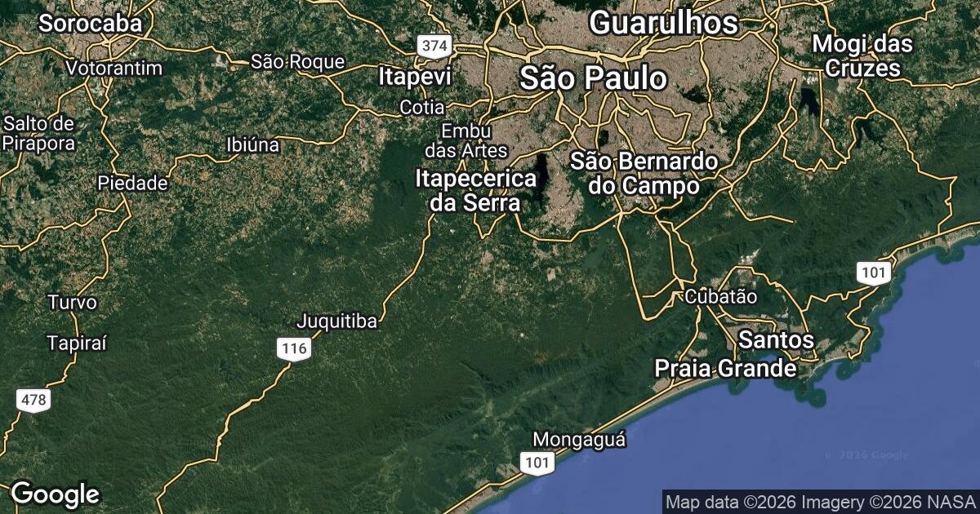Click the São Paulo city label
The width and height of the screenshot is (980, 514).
tap(594, 79)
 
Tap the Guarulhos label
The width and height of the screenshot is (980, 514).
tap(663, 23)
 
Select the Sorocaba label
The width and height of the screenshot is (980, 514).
tap(90, 24)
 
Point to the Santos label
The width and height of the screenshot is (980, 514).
tap(776, 339)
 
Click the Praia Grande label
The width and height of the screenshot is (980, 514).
tap(725, 369)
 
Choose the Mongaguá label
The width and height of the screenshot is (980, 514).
tap(579, 440)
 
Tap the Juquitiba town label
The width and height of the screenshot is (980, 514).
tap(338, 321)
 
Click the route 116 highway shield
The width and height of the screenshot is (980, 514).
tap(293, 349)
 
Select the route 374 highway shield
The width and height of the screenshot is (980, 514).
tap(433, 47)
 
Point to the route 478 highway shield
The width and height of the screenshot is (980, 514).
tap(33, 401)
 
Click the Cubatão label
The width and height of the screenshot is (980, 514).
tap(721, 296)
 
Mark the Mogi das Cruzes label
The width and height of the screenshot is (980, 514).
tap(862, 56)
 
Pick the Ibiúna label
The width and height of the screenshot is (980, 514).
tap(252, 146)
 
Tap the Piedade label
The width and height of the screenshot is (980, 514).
tap(133, 183)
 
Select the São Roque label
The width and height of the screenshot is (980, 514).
tap(297, 61)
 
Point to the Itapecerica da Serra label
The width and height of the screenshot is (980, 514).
tap(476, 190)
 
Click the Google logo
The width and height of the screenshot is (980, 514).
tap(55, 494)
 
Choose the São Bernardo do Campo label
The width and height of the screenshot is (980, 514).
tap(644, 173)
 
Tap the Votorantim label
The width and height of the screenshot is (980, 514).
tap(114, 68)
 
